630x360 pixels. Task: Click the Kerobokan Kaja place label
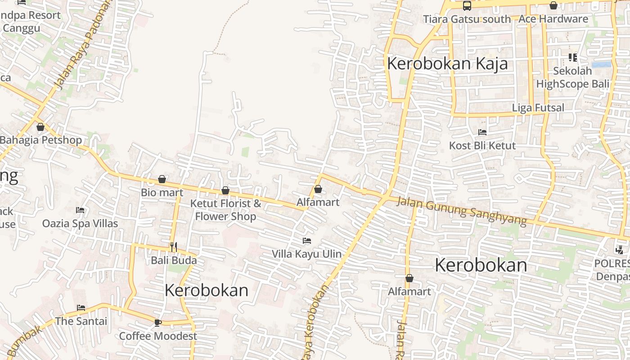447,63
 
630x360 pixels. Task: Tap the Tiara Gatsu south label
467,19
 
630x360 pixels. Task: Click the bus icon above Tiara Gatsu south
467,6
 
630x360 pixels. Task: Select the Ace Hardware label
553,19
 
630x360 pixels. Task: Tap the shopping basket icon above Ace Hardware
553,6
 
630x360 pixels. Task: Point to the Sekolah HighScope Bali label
572,77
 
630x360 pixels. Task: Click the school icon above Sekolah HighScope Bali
572,58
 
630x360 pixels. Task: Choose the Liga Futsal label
538,108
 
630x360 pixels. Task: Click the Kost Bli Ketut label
482,146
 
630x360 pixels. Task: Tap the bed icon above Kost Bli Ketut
482,132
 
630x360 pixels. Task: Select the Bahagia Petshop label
41,140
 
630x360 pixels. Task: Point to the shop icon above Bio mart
162,180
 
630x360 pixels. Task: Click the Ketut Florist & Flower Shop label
225,210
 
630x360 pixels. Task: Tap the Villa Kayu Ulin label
306,254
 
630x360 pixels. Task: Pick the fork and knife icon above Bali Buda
174,247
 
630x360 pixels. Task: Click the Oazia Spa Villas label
80,224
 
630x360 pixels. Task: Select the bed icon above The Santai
81,308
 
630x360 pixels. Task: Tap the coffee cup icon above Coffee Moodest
157,323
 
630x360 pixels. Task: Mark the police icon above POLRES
619,250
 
